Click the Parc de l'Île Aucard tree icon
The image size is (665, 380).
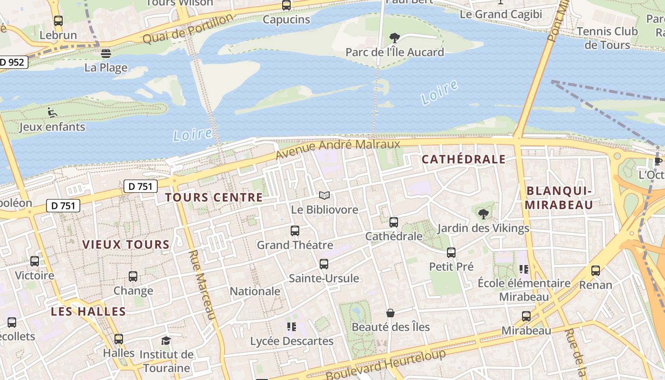[394, 38]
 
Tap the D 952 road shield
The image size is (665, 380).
[12, 62]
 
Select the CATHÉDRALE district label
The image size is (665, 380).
[464, 159]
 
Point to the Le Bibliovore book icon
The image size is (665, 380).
[324, 196]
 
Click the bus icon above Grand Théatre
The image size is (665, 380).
[295, 231]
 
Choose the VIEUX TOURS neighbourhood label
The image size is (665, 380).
[126, 245]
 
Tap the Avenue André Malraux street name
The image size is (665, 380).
[338, 149]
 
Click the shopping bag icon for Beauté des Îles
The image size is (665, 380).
[390, 313]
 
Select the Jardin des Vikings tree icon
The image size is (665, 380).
[484, 214]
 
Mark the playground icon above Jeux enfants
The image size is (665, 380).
[52, 113]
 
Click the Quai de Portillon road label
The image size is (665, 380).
[188, 28]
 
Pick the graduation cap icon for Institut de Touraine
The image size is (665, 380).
[166, 341]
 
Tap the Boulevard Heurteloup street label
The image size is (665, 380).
[386, 364]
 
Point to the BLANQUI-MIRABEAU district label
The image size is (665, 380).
[560, 198]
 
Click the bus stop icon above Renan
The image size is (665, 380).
[596, 271]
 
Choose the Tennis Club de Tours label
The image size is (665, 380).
[607, 38]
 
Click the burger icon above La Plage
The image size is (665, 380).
[106, 53]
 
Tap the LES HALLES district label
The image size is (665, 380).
[88, 312]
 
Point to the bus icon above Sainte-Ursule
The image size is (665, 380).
[324, 264]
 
